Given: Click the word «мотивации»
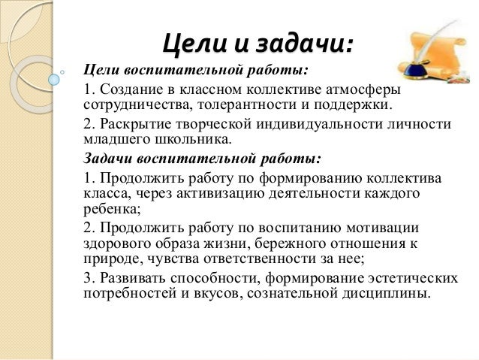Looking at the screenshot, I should [382, 227].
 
